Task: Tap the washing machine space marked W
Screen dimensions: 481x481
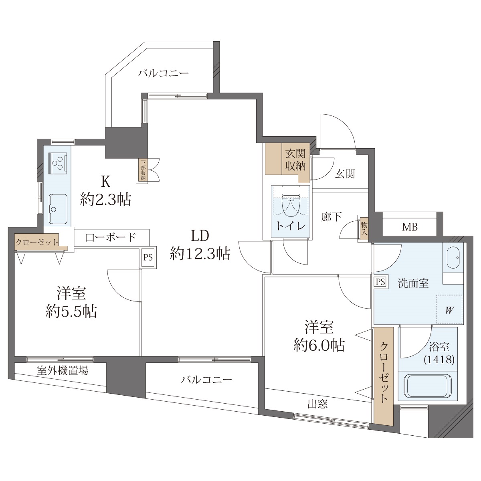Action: (449, 309)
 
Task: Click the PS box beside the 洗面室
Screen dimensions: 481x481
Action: (381, 282)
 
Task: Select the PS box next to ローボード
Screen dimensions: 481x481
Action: (148, 257)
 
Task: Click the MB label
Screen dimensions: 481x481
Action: (410, 227)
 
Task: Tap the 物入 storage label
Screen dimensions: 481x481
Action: (364, 229)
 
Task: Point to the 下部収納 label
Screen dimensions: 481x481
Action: (143, 170)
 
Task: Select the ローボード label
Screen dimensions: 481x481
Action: (110, 237)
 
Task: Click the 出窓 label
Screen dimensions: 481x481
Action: (317, 404)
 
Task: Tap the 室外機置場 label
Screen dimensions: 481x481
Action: (63, 370)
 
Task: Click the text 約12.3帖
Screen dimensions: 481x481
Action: (200, 254)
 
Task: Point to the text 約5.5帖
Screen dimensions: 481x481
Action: (71, 311)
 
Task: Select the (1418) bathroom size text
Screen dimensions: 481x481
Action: (439, 360)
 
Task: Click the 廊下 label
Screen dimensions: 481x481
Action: (331, 217)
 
